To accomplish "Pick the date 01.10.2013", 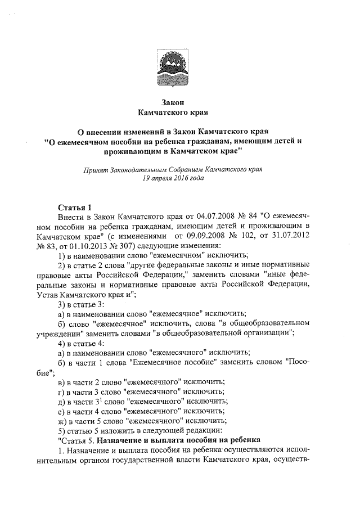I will [x=86, y=247].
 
